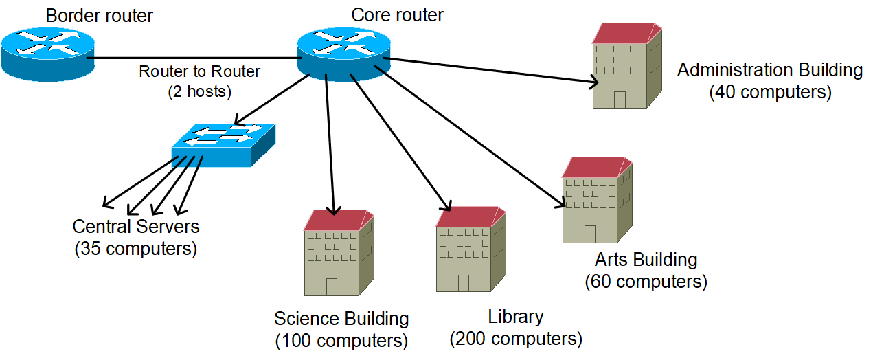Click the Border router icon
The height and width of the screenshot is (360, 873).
click(x=47, y=54)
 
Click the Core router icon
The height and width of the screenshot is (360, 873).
click(x=343, y=54)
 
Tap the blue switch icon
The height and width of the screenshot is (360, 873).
click(x=224, y=145)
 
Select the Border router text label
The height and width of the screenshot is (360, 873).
click(x=100, y=16)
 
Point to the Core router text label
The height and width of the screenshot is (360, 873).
click(x=397, y=15)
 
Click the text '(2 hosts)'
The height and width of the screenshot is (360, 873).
click(x=200, y=91)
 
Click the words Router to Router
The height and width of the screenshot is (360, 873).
click(x=200, y=71)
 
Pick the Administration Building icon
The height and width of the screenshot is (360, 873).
click(x=627, y=65)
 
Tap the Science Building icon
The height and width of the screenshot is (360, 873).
click(x=339, y=253)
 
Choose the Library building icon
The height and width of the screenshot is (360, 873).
click(x=470, y=249)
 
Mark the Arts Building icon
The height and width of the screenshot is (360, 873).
click(x=597, y=200)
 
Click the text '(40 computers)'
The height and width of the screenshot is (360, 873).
click(x=771, y=93)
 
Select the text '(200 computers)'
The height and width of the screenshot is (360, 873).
click(x=516, y=339)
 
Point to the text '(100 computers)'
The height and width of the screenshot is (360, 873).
click(x=341, y=341)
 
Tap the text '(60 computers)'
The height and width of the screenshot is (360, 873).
click(x=646, y=282)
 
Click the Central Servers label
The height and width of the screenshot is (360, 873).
click(x=136, y=227)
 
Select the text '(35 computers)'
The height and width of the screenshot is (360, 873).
click(x=136, y=249)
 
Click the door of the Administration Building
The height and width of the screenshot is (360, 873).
click(x=620, y=100)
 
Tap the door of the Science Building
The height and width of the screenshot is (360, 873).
click(x=332, y=287)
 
